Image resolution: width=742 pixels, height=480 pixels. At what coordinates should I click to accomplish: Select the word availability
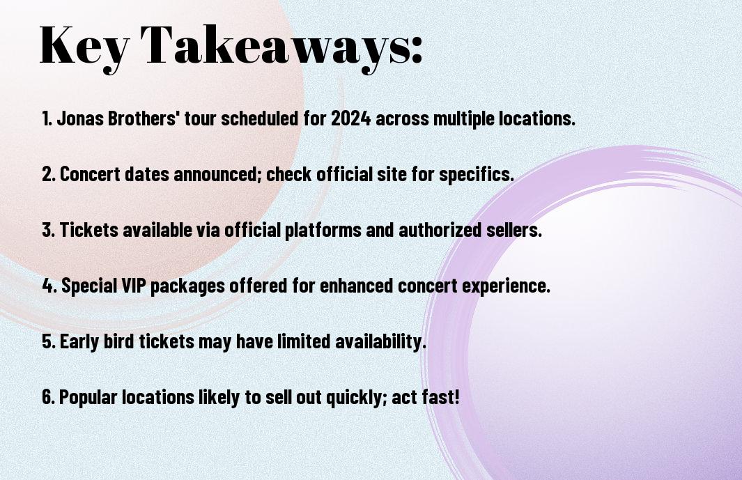pyautogui.click(x=381, y=342)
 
